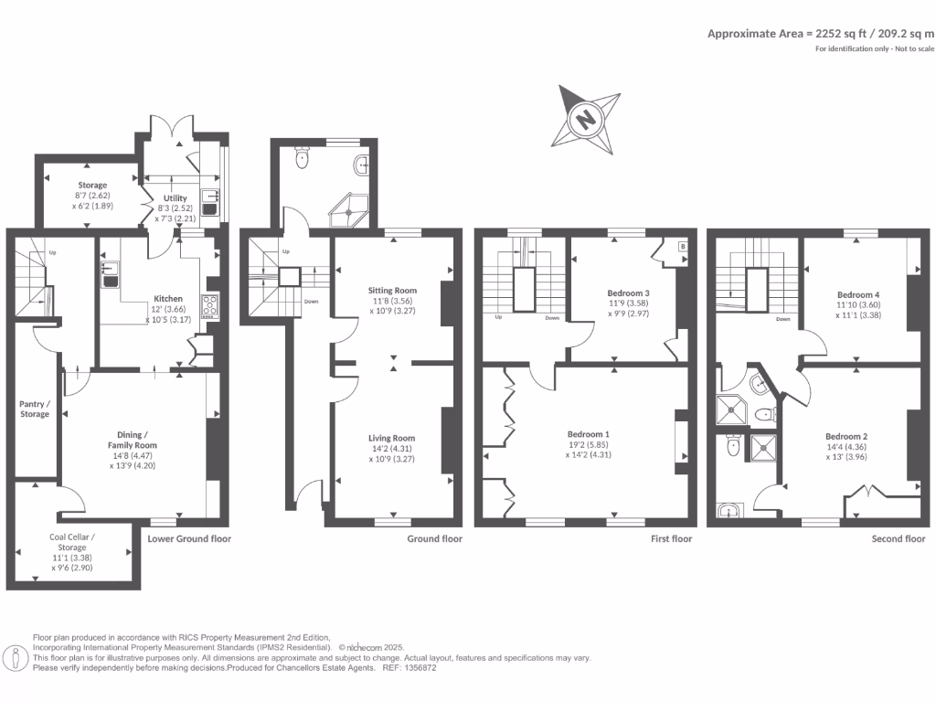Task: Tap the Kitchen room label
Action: [167, 299]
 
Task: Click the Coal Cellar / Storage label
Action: [72, 543]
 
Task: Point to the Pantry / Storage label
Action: [35, 409]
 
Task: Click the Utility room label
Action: [175, 198]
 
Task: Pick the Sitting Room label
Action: [392, 290]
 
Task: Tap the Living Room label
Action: [392, 438]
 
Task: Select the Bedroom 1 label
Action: [589, 434]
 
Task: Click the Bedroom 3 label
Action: [628, 292]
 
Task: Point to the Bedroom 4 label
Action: [858, 293]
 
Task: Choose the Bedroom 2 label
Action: [846, 436]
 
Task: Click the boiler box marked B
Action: [683, 247]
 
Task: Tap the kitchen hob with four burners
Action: [209, 305]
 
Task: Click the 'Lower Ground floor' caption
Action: [189, 539]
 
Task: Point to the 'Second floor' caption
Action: [899, 539]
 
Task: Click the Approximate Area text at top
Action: [820, 33]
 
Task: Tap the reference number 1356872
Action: [416, 668]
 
